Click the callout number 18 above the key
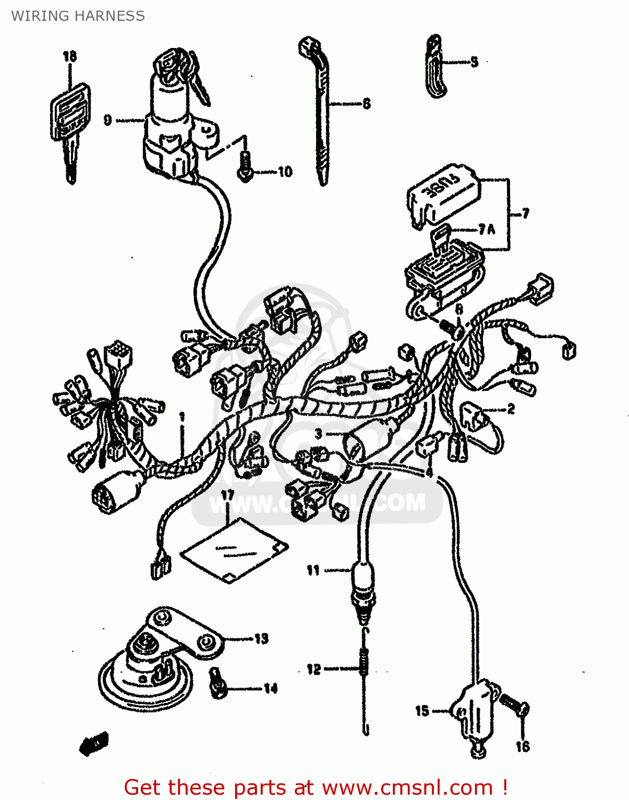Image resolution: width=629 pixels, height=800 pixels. tap(70, 56)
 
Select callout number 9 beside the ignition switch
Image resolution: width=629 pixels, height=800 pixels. tap(108, 120)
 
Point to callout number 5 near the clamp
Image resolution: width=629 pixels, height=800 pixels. tap(474, 62)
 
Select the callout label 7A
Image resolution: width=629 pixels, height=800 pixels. tap(487, 229)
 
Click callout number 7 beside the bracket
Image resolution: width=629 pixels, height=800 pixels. tap(526, 213)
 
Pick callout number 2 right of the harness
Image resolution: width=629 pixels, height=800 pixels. tap(511, 409)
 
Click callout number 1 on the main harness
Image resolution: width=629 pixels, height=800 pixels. tap(182, 417)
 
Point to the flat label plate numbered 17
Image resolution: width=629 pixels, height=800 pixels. tap(235, 549)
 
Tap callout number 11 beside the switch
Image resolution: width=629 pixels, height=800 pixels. tap(313, 571)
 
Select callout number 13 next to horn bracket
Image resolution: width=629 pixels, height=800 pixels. tap(261, 638)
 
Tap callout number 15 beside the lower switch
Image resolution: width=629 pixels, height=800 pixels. tap(422, 710)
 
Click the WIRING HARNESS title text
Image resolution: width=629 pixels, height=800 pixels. tap(78, 16)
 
